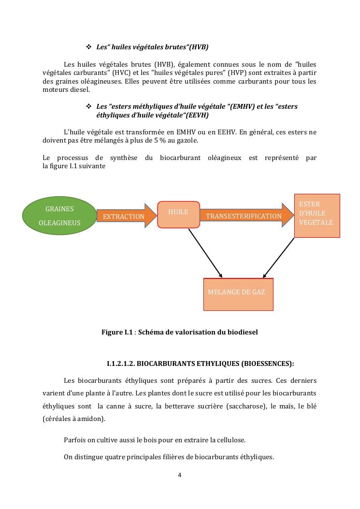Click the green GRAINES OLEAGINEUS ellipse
tap(59, 216)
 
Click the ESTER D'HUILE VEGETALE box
tap(317, 216)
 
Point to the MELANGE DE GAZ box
tap(238, 294)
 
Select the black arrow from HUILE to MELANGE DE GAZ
tap(205, 252)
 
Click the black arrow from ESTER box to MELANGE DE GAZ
tap(279, 257)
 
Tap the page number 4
tap(180, 475)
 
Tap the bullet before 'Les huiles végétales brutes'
tap(88, 47)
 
